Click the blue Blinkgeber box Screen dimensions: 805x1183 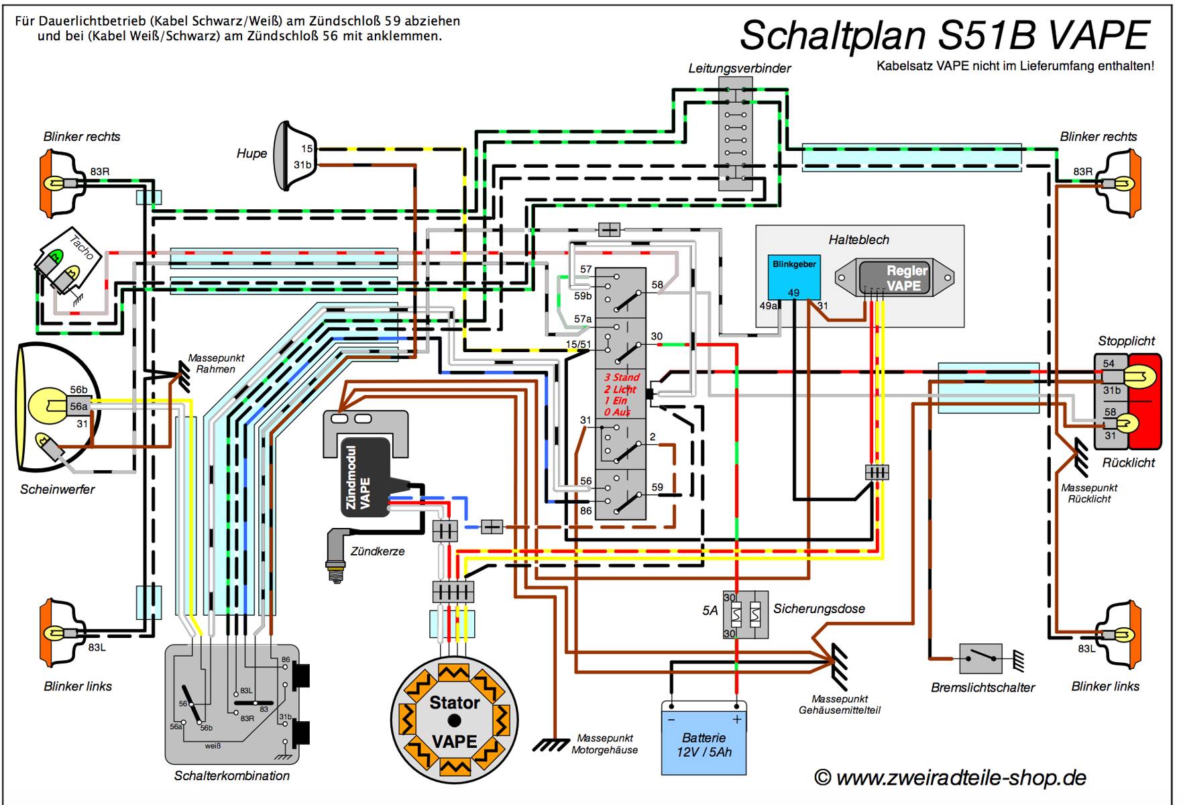[793, 277]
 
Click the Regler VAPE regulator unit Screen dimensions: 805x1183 [895, 278]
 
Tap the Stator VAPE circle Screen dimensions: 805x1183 [455, 721]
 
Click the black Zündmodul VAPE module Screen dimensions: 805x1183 [365, 478]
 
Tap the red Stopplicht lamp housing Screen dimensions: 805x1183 [1144, 400]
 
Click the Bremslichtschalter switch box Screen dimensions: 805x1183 [980, 658]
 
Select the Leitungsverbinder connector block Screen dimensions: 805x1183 [735, 133]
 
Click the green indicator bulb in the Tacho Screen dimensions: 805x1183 [56, 256]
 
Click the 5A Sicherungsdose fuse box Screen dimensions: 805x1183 [745, 614]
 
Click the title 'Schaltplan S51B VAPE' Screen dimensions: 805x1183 [945, 35]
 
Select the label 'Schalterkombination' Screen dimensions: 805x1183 [232, 775]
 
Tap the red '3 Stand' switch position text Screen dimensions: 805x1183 [622, 378]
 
